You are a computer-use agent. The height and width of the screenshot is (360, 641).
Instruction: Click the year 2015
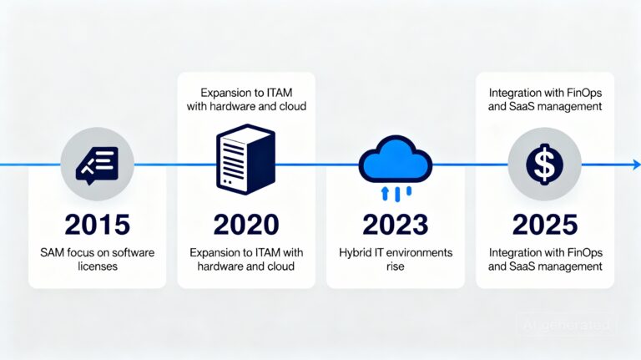point(97,226)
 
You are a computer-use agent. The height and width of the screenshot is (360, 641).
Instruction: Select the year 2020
point(245,226)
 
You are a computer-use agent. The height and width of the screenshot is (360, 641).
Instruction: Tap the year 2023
point(395,226)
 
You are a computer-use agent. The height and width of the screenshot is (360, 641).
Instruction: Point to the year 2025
point(544,226)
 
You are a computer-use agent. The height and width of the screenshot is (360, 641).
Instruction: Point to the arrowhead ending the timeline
point(635,165)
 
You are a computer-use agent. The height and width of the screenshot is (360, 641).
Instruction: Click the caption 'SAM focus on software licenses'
point(97,259)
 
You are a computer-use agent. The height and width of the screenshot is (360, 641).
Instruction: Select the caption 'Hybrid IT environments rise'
point(395,259)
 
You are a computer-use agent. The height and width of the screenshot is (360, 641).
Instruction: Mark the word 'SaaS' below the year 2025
point(532,266)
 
